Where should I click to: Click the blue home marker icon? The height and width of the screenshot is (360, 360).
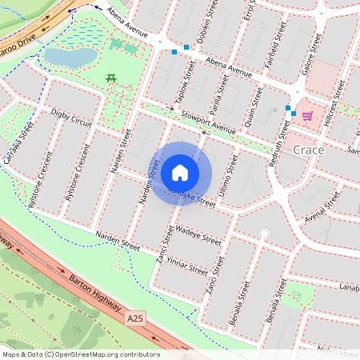180,172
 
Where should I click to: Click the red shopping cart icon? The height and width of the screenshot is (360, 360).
307,115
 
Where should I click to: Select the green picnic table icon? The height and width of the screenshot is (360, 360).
111,78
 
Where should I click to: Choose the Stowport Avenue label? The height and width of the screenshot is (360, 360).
209,125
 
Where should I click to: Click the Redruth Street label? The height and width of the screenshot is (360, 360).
283,133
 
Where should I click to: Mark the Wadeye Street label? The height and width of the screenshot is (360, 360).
198,235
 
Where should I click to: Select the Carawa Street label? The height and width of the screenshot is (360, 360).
17,143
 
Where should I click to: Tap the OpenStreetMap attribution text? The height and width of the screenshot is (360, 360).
80,354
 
